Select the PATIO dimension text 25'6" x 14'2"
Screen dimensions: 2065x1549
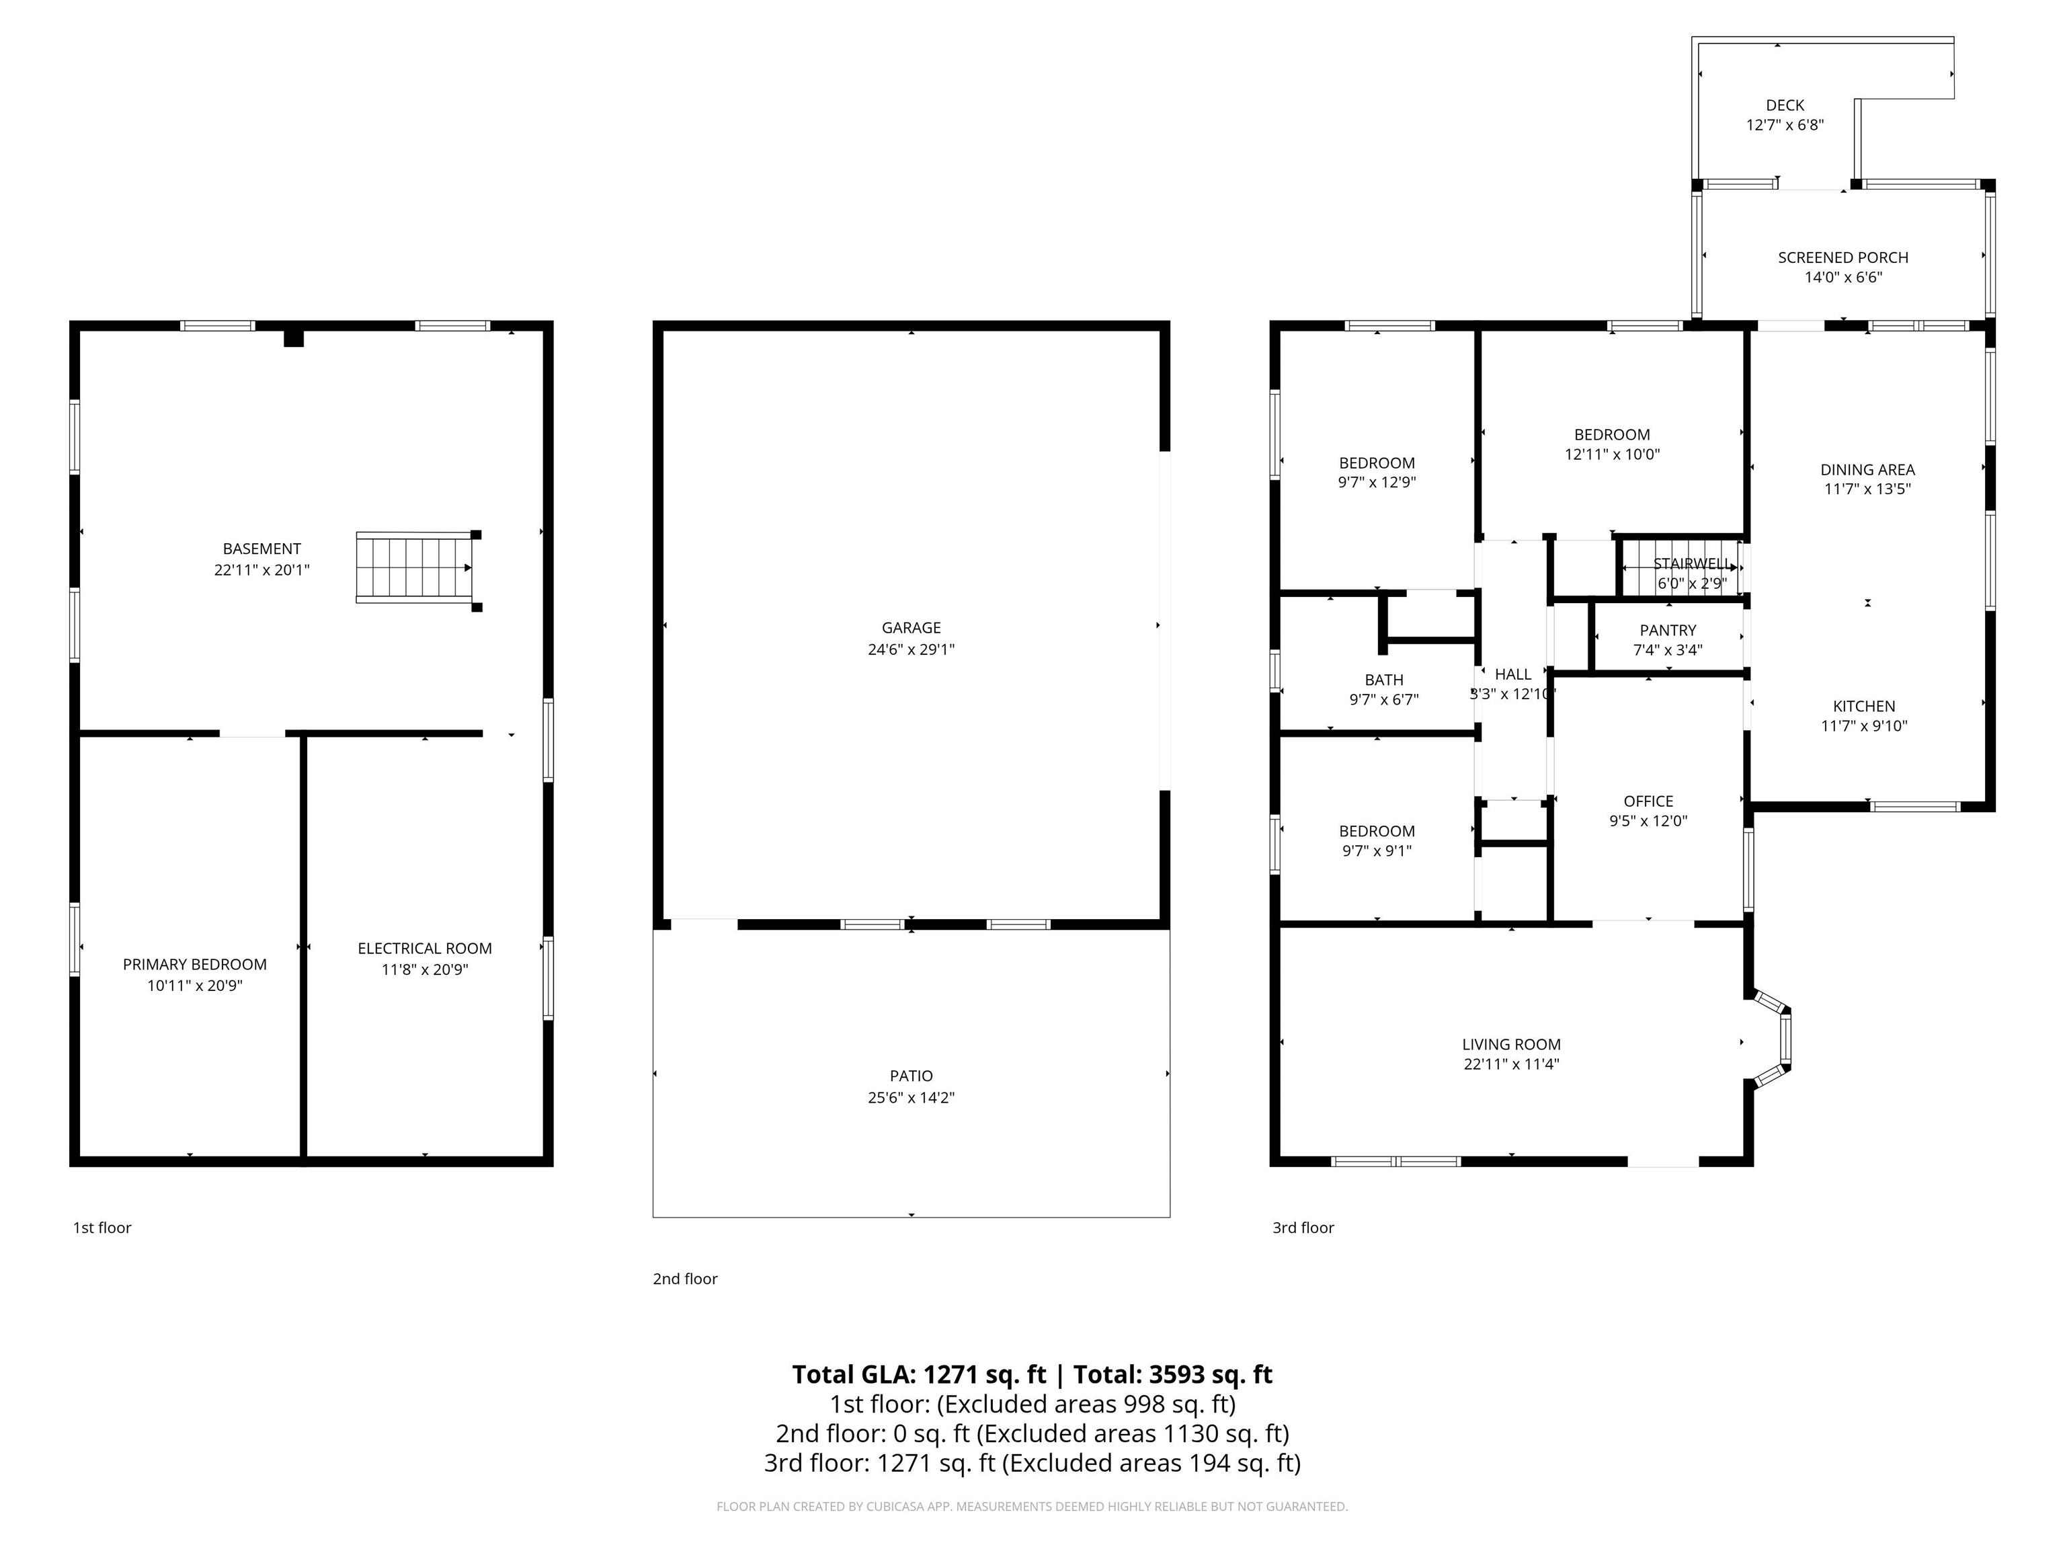pyautogui.click(x=911, y=1098)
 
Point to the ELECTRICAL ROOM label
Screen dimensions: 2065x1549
pyautogui.click(x=425, y=949)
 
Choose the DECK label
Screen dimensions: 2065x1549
pyautogui.click(x=1785, y=106)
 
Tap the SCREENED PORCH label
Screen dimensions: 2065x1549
pyautogui.click(x=1843, y=257)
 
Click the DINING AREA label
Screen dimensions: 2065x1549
pyautogui.click(x=1867, y=470)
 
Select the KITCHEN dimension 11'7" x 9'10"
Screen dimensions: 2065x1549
pyautogui.click(x=1864, y=726)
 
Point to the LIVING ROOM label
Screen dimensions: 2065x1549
pyautogui.click(x=1511, y=1045)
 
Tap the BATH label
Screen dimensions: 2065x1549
pyautogui.click(x=1383, y=680)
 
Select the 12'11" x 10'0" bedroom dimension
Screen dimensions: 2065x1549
pyautogui.click(x=1612, y=454)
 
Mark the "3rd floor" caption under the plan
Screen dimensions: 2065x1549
pyautogui.click(x=1303, y=1228)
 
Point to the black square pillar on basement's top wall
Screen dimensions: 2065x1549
pyautogui.click(x=294, y=336)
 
